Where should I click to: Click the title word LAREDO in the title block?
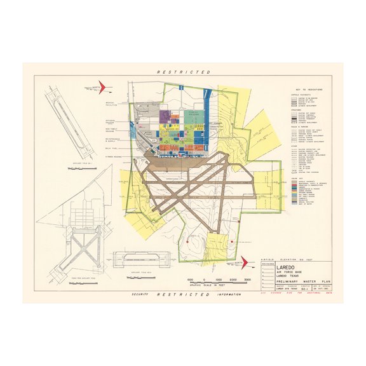tap(287, 267)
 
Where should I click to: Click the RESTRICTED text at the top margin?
tap(183, 73)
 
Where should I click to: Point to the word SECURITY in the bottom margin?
tap(140, 295)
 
